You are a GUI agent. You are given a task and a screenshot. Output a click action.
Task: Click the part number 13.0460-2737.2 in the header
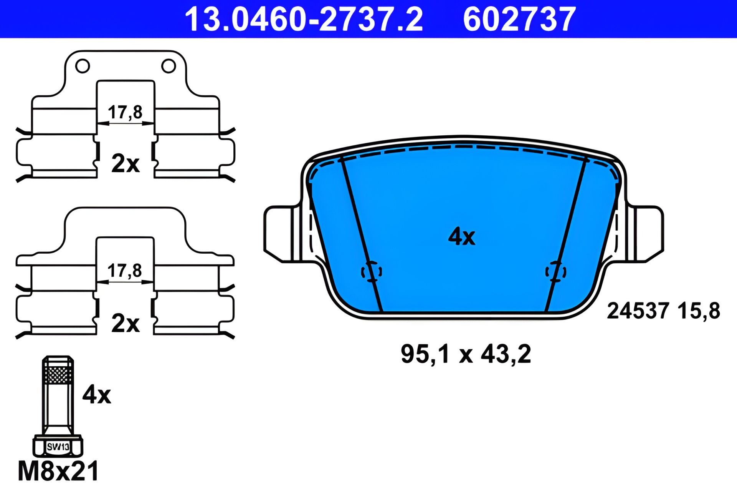[304, 19]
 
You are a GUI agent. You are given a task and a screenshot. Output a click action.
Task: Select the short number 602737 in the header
[519, 19]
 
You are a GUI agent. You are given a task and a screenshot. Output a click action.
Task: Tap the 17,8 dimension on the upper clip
[125, 112]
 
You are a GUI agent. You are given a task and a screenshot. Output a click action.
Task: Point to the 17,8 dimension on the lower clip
[125, 271]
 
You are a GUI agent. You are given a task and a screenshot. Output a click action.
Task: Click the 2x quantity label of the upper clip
[126, 163]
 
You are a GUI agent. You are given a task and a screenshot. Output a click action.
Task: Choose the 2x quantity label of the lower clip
[126, 323]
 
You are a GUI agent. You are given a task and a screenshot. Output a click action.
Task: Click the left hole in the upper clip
[83, 66]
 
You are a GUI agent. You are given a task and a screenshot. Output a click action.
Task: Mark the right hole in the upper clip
[169, 66]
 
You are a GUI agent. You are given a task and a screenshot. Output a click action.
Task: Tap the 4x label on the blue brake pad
[462, 236]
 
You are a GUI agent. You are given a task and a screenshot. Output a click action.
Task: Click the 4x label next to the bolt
[97, 394]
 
